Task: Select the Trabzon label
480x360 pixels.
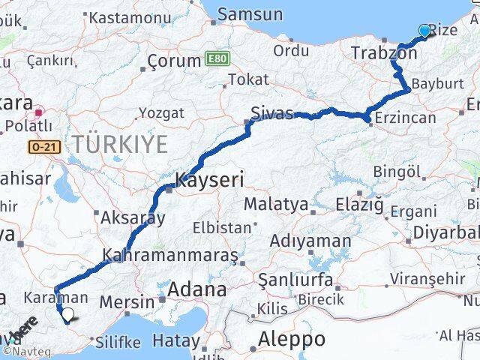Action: point(384,53)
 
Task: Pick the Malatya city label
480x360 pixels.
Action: point(275,203)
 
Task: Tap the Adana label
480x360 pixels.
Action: point(198,289)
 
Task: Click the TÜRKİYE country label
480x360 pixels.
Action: point(120,143)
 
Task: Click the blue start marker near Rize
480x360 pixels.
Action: point(425,31)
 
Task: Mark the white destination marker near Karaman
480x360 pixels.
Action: point(68,316)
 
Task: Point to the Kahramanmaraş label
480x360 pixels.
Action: point(171,255)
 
